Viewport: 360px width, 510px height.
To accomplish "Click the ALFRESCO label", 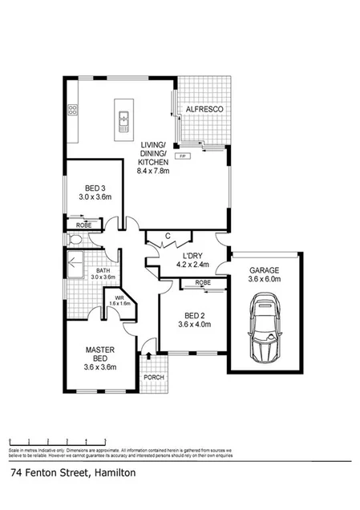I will pos(204,107).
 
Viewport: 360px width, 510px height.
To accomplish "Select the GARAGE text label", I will pos(263,269).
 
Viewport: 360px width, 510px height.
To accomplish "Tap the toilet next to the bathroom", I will pos(74,240).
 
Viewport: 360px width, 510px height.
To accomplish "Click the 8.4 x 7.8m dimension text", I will pos(152,170).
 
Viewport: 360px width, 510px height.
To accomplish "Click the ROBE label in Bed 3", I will pos(83,225).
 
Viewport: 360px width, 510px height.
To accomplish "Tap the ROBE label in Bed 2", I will pos(202,283).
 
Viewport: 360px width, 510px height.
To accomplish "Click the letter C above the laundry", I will pos(167,235).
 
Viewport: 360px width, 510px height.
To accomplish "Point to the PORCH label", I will pos(152,378).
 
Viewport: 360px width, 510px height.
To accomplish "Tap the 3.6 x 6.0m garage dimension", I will pos(263,280).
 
